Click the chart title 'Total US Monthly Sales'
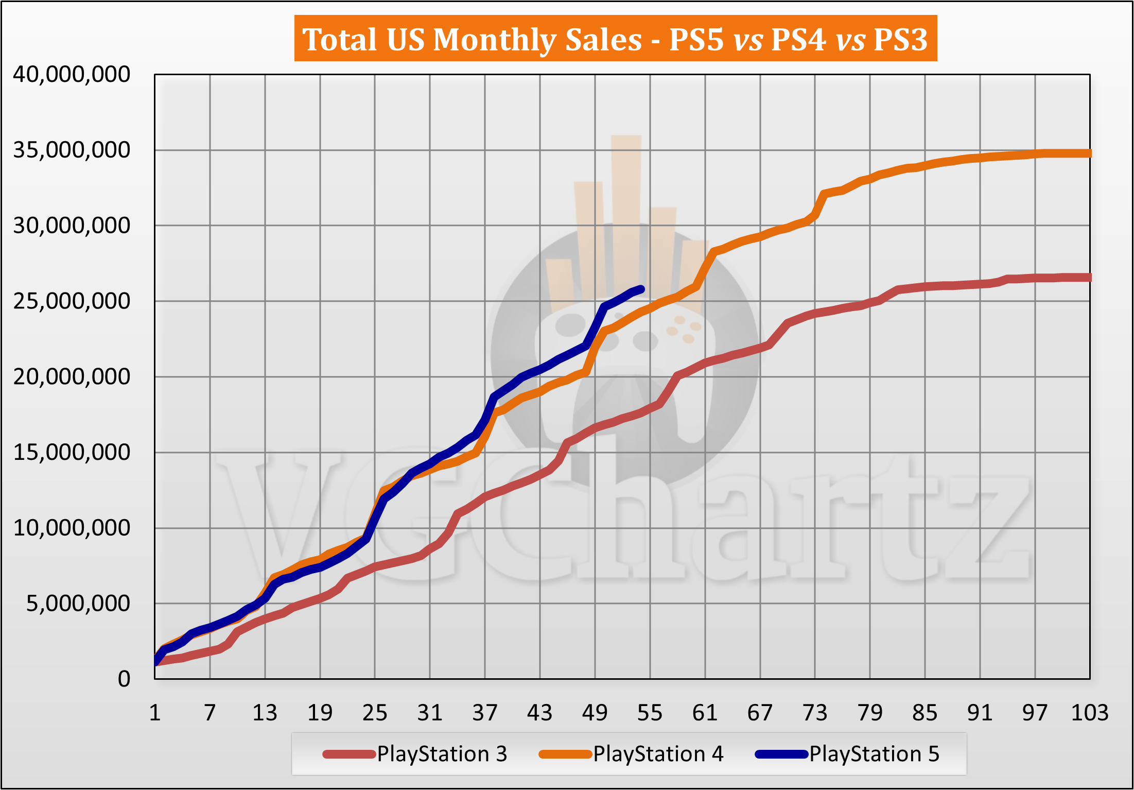point(472,40)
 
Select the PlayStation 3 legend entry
point(442,754)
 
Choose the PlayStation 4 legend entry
point(658,754)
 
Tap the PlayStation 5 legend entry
point(874,754)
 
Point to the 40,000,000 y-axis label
point(72,75)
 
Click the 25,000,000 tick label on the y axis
point(72,301)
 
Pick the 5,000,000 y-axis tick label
point(78,604)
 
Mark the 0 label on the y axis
point(124,679)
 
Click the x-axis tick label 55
point(650,713)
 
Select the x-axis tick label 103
point(1089,713)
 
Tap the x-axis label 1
point(155,713)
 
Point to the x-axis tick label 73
point(815,713)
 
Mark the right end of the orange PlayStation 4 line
point(1089,153)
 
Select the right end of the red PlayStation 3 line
point(1089,278)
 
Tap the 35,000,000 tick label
point(72,150)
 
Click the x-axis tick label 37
point(485,713)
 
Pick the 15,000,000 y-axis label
point(72,453)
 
